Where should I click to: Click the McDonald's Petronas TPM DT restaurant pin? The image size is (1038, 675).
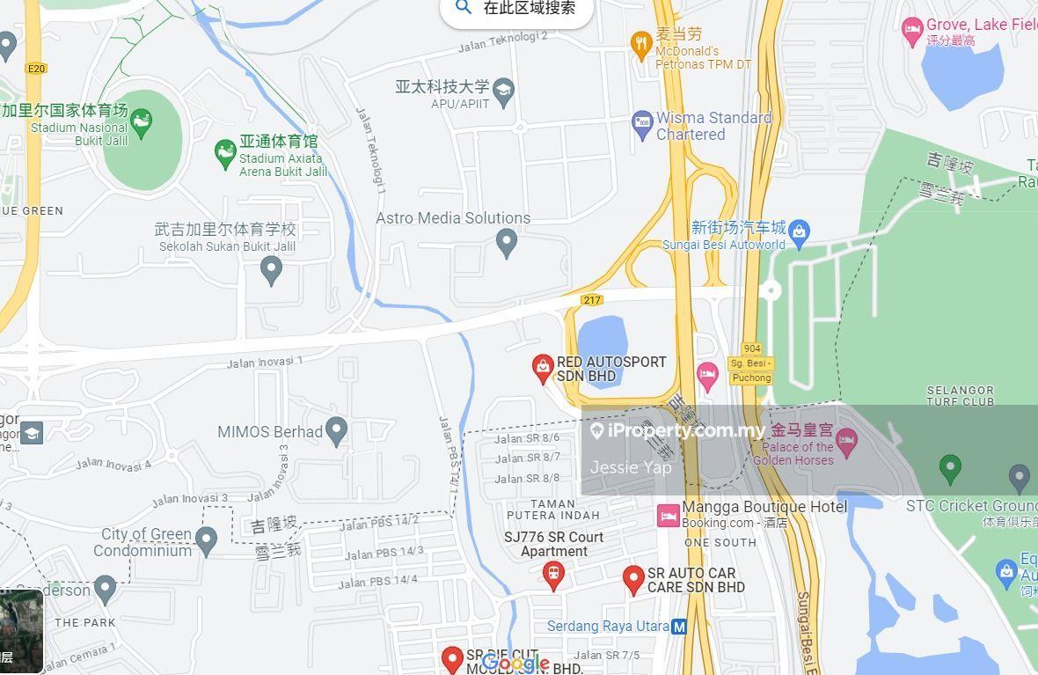tap(641, 41)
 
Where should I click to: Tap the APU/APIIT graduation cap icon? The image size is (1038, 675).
tap(503, 89)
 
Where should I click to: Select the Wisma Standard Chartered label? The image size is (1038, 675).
tap(713, 126)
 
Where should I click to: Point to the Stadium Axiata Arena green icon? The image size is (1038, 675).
tap(225, 155)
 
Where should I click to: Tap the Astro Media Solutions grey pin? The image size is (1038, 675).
tap(506, 242)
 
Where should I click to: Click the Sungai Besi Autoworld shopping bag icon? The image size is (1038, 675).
tap(799, 231)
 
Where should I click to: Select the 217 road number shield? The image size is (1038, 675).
tap(592, 300)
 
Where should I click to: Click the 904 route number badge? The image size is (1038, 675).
tap(751, 349)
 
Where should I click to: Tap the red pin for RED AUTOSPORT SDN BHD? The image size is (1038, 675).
tap(543, 368)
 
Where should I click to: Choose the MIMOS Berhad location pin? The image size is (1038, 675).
tap(335, 430)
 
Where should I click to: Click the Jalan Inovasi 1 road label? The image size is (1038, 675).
tap(265, 362)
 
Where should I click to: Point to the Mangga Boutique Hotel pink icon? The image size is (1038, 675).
tap(669, 516)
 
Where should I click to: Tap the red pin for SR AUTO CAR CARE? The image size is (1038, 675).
tap(633, 579)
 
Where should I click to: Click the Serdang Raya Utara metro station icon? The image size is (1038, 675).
tap(679, 627)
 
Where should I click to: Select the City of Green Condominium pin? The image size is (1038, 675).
tap(206, 539)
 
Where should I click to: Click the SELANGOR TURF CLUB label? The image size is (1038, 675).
tap(961, 395)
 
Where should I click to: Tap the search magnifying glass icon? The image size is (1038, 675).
tap(464, 8)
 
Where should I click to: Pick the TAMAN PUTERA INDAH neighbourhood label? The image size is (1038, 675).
tap(553, 510)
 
